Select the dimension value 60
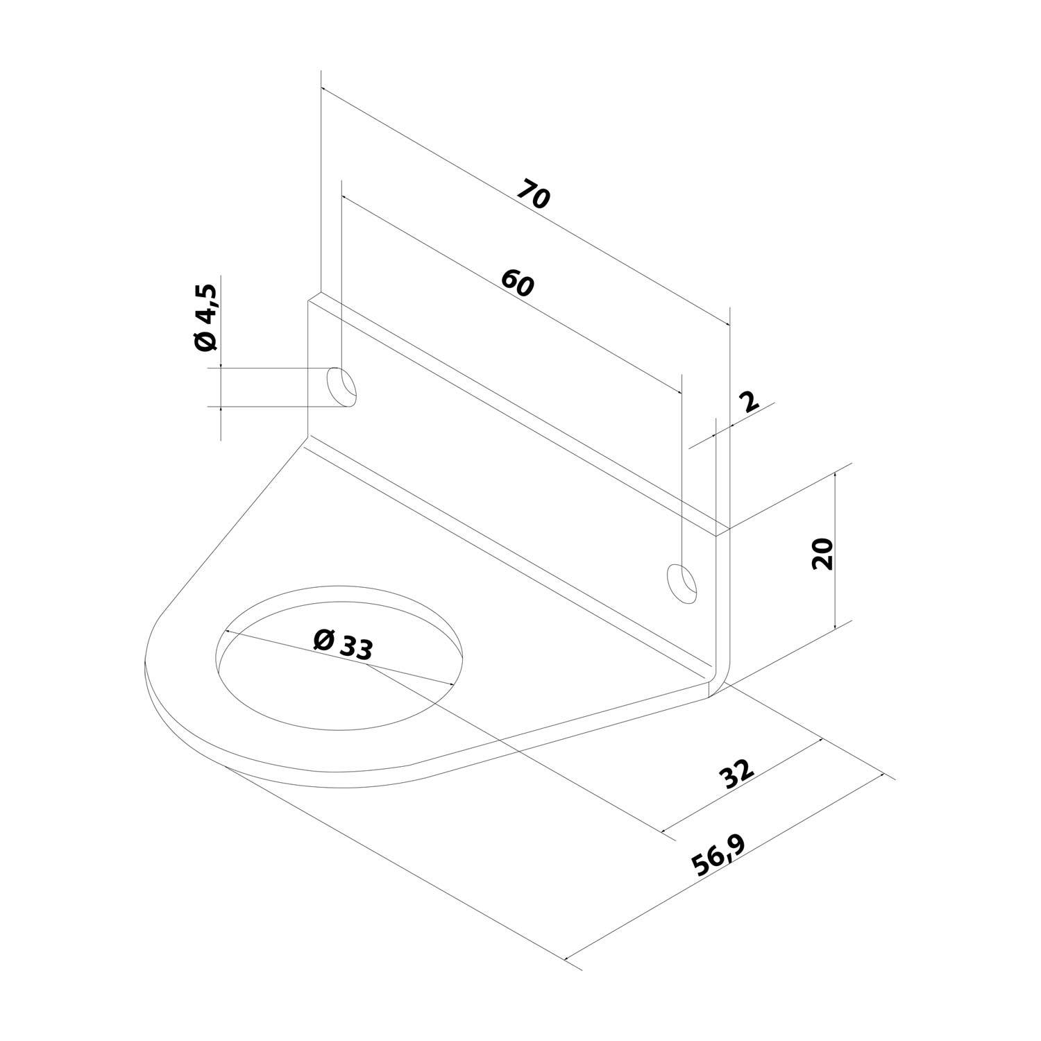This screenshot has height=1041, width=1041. tap(518, 282)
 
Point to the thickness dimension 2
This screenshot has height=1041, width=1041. tap(750, 402)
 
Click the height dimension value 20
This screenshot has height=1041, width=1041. tap(822, 553)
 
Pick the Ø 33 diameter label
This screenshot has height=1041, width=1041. tap(343, 643)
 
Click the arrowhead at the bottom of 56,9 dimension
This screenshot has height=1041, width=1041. tap(569, 958)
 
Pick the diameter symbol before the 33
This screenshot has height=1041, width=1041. tap(323, 638)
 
